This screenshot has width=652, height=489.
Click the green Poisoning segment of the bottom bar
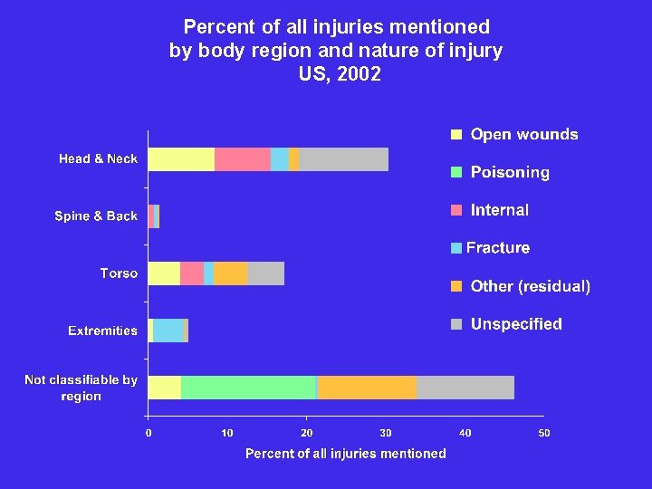coord(248,388)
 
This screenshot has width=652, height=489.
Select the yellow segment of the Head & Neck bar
coord(181,159)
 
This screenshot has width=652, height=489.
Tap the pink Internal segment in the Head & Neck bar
coord(243,159)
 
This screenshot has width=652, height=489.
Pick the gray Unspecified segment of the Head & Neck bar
coord(343,159)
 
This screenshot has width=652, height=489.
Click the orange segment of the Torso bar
coord(231,273)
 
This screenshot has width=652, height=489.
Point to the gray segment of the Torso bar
coord(265,273)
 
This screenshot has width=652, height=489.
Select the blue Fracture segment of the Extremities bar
coord(168,331)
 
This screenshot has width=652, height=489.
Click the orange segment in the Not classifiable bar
coord(367,388)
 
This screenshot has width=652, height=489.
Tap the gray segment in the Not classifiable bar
coord(465,388)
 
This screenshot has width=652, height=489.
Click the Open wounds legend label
coord(523,135)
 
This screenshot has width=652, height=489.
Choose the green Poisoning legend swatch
coord(457,172)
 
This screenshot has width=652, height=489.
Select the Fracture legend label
coord(498,248)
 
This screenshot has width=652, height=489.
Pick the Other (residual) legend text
coord(530,286)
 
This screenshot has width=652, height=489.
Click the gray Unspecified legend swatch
coord(457,324)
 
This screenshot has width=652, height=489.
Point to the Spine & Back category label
coord(96,216)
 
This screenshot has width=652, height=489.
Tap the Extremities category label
coord(102,331)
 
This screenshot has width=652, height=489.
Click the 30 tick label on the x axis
coord(386,434)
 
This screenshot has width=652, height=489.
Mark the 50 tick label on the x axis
coord(543,434)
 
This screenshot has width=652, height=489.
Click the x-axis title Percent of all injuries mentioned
coord(345,454)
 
